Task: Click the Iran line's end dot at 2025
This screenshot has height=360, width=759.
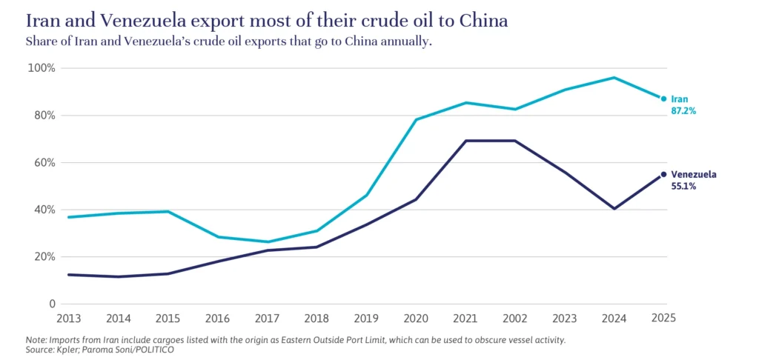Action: click(x=663, y=99)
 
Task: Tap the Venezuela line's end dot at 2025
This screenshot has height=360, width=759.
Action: click(x=663, y=175)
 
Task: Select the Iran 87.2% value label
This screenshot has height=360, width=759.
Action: click(x=683, y=110)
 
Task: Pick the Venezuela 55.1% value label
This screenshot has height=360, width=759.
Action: click(x=683, y=187)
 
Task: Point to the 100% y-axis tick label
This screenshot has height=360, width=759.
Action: click(x=42, y=68)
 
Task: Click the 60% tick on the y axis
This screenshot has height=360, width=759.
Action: click(x=44, y=163)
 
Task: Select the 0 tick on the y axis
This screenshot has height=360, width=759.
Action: click(x=53, y=304)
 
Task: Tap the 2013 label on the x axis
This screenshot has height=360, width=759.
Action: click(x=68, y=319)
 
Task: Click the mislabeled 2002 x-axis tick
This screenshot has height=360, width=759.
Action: click(x=515, y=319)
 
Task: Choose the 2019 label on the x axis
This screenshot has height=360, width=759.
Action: click(x=366, y=319)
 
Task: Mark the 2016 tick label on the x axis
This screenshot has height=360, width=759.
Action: click(x=217, y=319)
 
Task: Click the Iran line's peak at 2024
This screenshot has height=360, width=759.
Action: click(x=614, y=77)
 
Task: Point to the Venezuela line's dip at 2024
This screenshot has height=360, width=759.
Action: click(x=614, y=208)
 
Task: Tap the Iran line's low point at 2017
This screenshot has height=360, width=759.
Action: click(x=267, y=241)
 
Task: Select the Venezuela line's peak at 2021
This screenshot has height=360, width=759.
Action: click(x=465, y=141)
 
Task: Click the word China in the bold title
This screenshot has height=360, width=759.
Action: click(x=483, y=21)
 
